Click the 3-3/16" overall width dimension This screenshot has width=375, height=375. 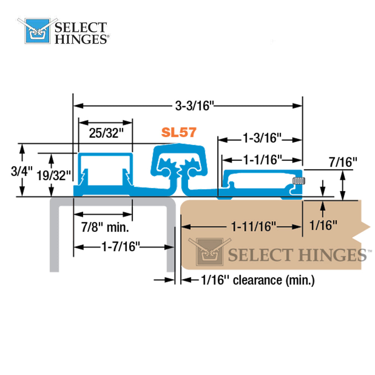194,106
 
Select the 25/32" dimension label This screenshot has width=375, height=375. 106,133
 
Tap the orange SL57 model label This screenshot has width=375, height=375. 179,132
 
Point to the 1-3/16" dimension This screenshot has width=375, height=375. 262,138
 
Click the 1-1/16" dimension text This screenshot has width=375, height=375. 262,160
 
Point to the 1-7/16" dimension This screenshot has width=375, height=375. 121,246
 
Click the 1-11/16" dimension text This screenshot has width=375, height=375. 253,226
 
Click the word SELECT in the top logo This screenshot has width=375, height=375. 81,27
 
